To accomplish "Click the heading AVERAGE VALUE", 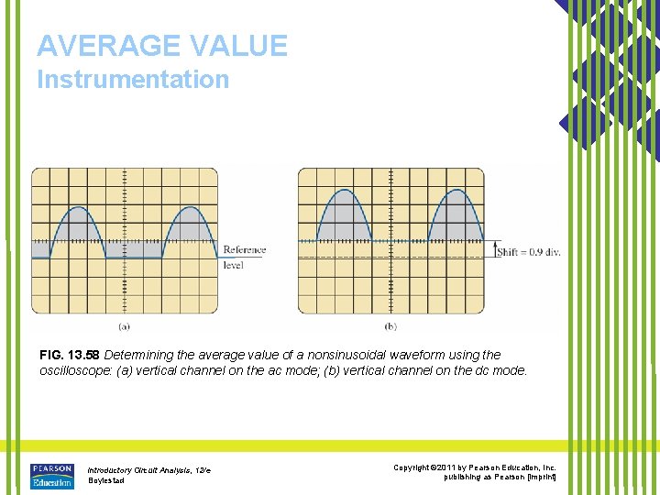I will point(162,45).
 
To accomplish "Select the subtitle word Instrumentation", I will point(133,80).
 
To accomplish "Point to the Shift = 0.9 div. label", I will point(528,251).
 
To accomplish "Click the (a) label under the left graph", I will point(124,325).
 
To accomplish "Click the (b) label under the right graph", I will point(390,325).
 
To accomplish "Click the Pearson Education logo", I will point(51,476).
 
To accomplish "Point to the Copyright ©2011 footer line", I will point(475,468).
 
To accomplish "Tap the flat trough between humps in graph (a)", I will point(133,258).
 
